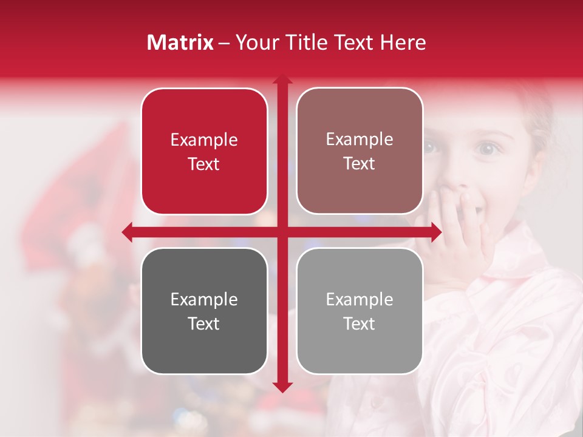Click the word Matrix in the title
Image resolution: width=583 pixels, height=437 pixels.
[180, 42]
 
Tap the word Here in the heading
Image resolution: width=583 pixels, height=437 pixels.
[403, 42]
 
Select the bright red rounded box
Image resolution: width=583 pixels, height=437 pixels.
[204, 151]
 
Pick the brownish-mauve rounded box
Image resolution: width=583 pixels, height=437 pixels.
[360, 151]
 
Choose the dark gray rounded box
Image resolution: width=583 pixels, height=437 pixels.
[204, 311]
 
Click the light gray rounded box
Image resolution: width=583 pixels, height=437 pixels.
[360, 311]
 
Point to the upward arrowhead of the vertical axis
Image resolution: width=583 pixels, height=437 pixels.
[282, 80]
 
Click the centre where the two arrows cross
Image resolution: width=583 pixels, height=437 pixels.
[282, 232]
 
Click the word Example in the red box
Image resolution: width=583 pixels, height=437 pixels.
[204, 140]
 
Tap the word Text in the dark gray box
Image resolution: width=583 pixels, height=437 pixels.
[204, 324]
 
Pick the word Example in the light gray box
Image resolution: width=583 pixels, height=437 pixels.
[360, 299]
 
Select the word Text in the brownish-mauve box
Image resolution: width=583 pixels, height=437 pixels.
[360, 164]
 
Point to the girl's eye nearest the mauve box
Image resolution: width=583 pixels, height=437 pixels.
[429, 146]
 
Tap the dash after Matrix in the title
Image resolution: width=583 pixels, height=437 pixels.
[224, 43]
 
